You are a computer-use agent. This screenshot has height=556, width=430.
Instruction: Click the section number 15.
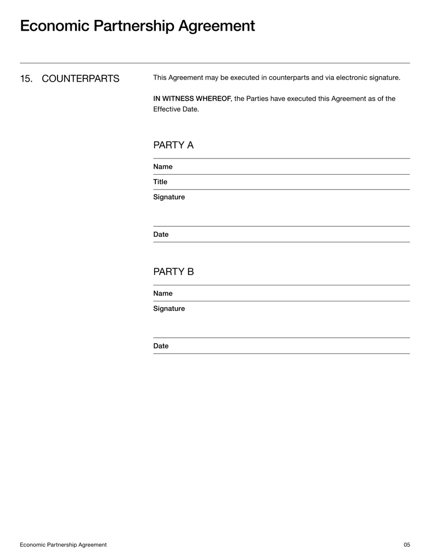26,79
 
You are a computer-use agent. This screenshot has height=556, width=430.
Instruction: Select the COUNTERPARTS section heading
81,79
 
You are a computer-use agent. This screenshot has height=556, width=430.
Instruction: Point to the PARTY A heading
173,145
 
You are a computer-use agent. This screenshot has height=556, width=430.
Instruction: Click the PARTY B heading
173,272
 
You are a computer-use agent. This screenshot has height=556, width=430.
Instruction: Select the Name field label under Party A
163,167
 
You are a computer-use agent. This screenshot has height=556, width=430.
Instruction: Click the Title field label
160,182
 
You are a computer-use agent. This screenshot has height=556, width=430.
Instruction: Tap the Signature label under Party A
169,197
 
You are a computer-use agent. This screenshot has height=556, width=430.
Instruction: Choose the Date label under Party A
161,234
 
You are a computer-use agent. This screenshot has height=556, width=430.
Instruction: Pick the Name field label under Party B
163,293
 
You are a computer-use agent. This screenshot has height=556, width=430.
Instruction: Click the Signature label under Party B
169,308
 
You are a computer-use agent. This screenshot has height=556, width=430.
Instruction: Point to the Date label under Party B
161,346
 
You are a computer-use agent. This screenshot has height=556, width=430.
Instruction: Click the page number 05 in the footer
406,545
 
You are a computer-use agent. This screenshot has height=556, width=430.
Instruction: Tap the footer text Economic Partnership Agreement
63,545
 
